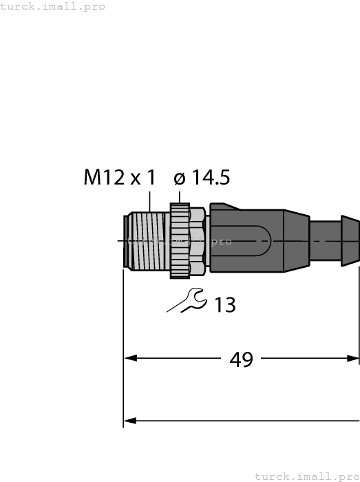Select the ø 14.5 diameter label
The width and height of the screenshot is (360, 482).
(202, 178)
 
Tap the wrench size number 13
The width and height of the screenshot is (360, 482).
(224, 304)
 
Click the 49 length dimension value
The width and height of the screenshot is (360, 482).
(240, 359)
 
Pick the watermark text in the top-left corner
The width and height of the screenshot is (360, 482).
(53, 6)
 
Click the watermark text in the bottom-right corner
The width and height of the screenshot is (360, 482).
(307, 476)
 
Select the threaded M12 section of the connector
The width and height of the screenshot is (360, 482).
(148, 240)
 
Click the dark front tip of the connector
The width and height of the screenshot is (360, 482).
(125, 240)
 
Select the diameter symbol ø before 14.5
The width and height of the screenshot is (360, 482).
(180, 179)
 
